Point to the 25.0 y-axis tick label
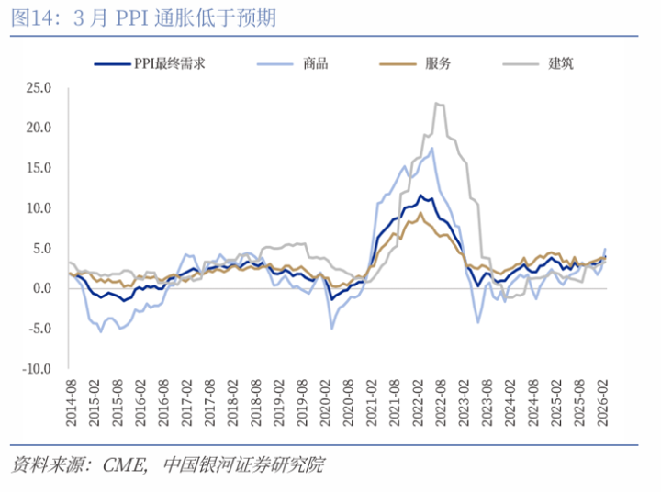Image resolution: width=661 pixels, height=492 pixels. click(39, 88)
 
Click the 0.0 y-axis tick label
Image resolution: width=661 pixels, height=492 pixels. click(42, 288)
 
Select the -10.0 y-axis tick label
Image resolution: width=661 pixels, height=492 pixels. click(37, 368)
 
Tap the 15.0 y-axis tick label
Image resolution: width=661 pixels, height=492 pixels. click(39, 168)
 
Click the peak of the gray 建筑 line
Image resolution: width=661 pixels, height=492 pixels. click(437, 104)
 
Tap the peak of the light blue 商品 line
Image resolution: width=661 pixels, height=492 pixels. click(431, 148)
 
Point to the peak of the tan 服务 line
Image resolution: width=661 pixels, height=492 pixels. click(420, 213)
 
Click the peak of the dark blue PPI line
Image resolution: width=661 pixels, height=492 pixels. click(420, 195)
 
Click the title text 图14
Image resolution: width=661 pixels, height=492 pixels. click(28, 17)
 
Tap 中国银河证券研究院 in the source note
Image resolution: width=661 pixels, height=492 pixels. click(242, 465)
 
